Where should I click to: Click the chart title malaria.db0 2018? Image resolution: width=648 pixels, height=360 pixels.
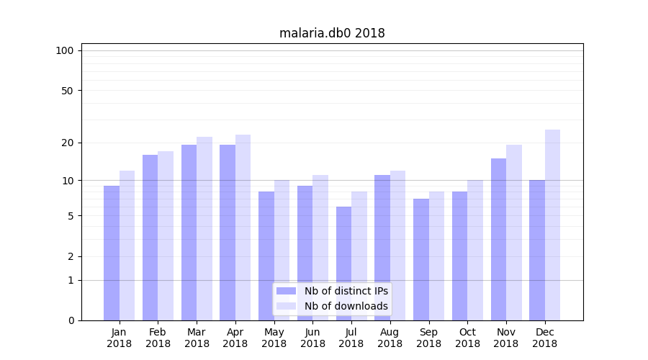coord(332,33)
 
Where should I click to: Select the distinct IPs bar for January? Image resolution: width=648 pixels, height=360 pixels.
coord(112,253)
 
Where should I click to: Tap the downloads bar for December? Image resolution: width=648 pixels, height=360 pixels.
coord(552,225)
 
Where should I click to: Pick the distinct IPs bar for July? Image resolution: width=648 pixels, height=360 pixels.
coord(343,264)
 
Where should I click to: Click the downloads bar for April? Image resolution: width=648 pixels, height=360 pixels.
coord(243,228)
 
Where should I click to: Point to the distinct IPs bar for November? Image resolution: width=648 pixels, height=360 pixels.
coord(498,239)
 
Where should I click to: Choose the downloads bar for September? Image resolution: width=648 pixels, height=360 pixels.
coord(436,256)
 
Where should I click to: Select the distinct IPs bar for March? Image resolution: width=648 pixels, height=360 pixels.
coord(189,233)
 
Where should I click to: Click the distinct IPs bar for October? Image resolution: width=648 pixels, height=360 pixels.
coord(459,256)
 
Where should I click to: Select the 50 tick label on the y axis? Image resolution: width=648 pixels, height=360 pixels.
coord(67,91)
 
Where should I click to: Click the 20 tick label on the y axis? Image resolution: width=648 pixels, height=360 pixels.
coord(67,143)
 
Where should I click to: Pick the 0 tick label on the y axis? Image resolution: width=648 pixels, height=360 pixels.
coord(71,320)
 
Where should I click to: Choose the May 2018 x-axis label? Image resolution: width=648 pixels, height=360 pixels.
coord(274,338)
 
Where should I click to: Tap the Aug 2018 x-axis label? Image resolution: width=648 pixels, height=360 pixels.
coord(390,338)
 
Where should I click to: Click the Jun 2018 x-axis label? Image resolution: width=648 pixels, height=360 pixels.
coord(312,338)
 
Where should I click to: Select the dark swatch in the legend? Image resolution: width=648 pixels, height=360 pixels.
coord(286,291)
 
